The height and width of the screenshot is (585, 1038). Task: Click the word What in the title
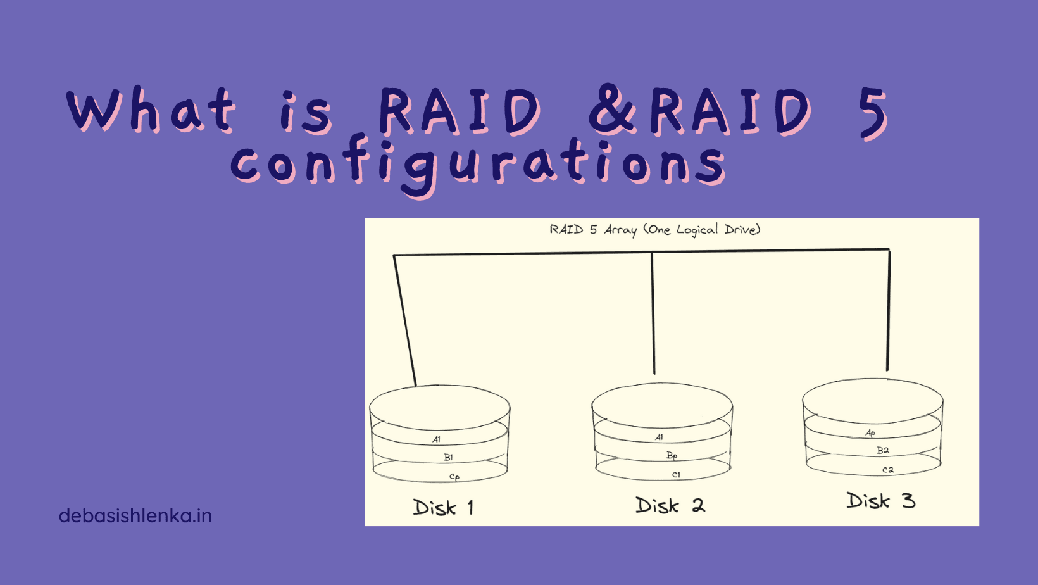[x=152, y=110]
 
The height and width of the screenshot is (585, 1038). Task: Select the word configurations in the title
[x=478, y=163]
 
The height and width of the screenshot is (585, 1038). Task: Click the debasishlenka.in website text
[x=135, y=516]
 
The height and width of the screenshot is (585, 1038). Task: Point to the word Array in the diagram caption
[x=620, y=230]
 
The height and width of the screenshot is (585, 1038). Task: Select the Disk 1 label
[x=443, y=507]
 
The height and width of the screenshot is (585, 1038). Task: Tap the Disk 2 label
[x=670, y=505]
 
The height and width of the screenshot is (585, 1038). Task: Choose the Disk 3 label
[x=881, y=501]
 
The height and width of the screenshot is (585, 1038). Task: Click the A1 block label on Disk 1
[x=437, y=439]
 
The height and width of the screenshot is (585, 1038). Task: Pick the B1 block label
[x=448, y=457]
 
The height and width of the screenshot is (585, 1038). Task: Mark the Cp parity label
[x=454, y=477]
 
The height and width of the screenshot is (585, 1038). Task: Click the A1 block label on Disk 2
[x=660, y=437]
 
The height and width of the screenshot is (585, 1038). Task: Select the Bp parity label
[x=672, y=455]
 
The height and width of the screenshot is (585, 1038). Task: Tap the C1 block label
[x=676, y=475]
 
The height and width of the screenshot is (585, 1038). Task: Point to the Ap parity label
[x=870, y=433]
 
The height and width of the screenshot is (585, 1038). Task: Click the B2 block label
[x=882, y=450]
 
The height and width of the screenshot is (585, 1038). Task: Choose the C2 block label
[x=888, y=470]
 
